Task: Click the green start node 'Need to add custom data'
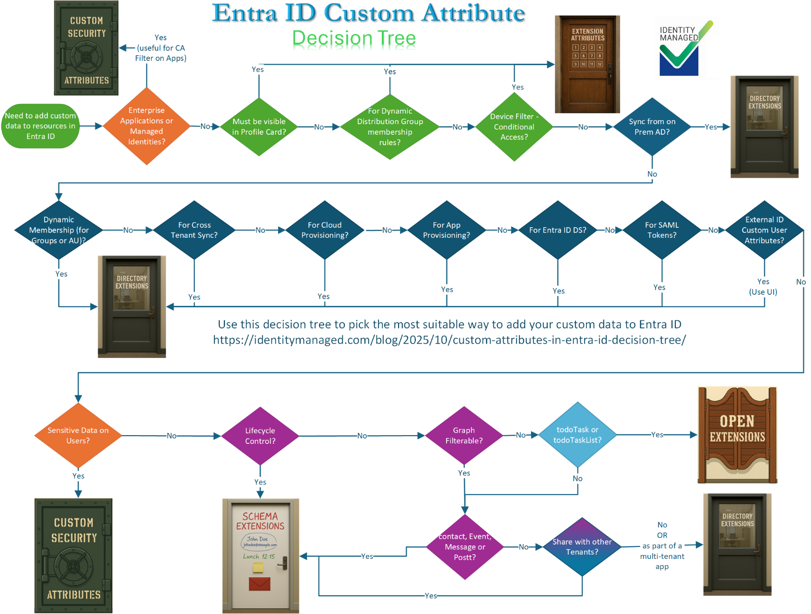(40, 126)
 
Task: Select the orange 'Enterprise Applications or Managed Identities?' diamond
(147, 126)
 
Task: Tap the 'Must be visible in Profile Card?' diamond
(259, 127)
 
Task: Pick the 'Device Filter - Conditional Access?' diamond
(514, 127)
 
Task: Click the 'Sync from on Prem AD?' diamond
(652, 127)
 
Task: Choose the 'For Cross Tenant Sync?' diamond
(194, 230)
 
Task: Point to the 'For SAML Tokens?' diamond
(662, 230)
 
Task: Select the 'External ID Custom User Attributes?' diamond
(764, 230)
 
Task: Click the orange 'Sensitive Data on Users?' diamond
(78, 435)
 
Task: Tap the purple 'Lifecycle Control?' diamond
(260, 436)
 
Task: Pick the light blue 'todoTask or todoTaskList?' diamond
(577, 435)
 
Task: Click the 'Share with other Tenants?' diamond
(582, 547)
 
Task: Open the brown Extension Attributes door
(588, 65)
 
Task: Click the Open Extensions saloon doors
(737, 435)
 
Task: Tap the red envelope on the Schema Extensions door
(259, 584)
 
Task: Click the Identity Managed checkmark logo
(681, 48)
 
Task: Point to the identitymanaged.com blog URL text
(449, 340)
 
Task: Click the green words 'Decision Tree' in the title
(354, 38)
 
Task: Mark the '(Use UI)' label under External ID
(763, 292)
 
